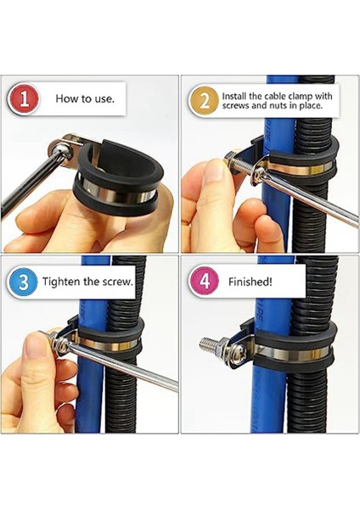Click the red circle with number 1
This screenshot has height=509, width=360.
23,99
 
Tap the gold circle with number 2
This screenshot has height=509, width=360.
205,101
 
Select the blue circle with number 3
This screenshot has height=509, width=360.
23,282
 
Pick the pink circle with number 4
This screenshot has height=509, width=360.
205,282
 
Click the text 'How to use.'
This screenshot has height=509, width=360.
85,98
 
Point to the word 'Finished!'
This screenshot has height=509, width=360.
250,282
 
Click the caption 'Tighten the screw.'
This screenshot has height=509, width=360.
87,282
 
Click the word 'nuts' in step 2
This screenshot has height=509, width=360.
279,105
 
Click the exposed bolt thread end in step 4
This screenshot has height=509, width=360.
206,342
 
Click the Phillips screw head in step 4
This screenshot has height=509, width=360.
237,351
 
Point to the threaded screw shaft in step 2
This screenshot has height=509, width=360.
243,162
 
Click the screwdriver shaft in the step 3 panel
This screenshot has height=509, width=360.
123,366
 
